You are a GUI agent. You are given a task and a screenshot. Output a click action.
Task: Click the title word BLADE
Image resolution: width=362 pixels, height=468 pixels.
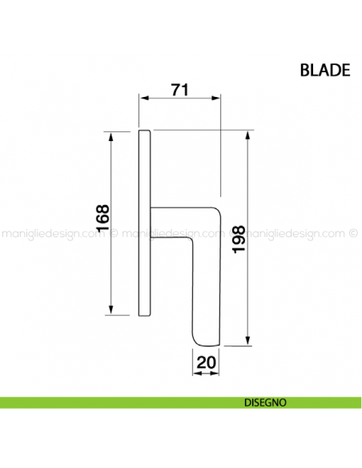(x=324, y=70)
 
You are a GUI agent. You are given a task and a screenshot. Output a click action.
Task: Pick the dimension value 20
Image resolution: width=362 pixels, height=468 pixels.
(x=206, y=362)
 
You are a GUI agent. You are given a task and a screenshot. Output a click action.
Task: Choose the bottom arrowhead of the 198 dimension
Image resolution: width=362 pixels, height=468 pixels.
(x=248, y=342)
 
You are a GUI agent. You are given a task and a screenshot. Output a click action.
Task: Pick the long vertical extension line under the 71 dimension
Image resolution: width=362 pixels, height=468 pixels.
(x=220, y=152)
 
